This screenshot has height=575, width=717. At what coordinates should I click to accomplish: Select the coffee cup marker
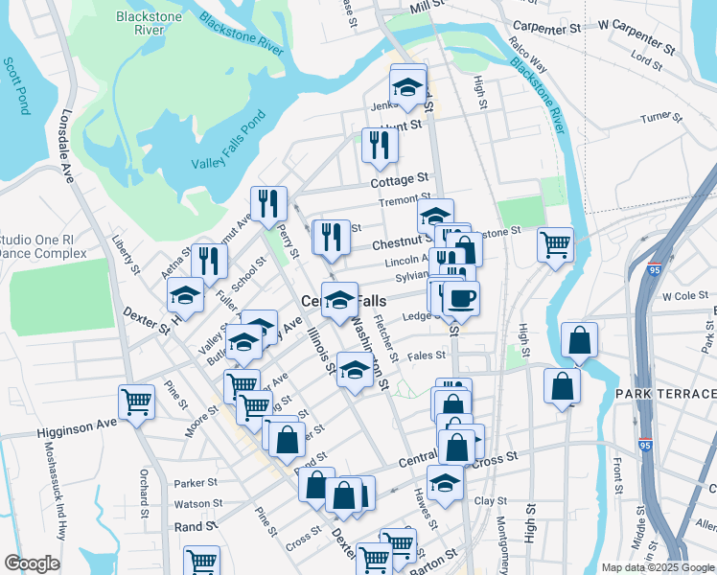click(x=460, y=299)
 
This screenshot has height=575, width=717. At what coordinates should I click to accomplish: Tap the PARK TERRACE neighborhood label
click(x=665, y=395)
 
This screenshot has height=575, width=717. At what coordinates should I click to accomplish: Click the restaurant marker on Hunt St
click(x=380, y=145)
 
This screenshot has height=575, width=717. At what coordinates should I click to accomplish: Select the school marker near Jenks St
click(x=408, y=86)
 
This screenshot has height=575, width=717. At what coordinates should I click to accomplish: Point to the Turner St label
click(x=660, y=117)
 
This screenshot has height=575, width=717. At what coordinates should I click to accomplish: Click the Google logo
click(x=32, y=563)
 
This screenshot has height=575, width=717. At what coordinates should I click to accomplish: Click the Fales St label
click(x=428, y=356)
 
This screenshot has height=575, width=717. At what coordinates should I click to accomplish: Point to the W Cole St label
click(x=683, y=297)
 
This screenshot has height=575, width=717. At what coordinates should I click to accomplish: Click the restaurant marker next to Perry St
click(x=266, y=203)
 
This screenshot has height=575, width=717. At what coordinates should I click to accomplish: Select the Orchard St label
click(x=145, y=489)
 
